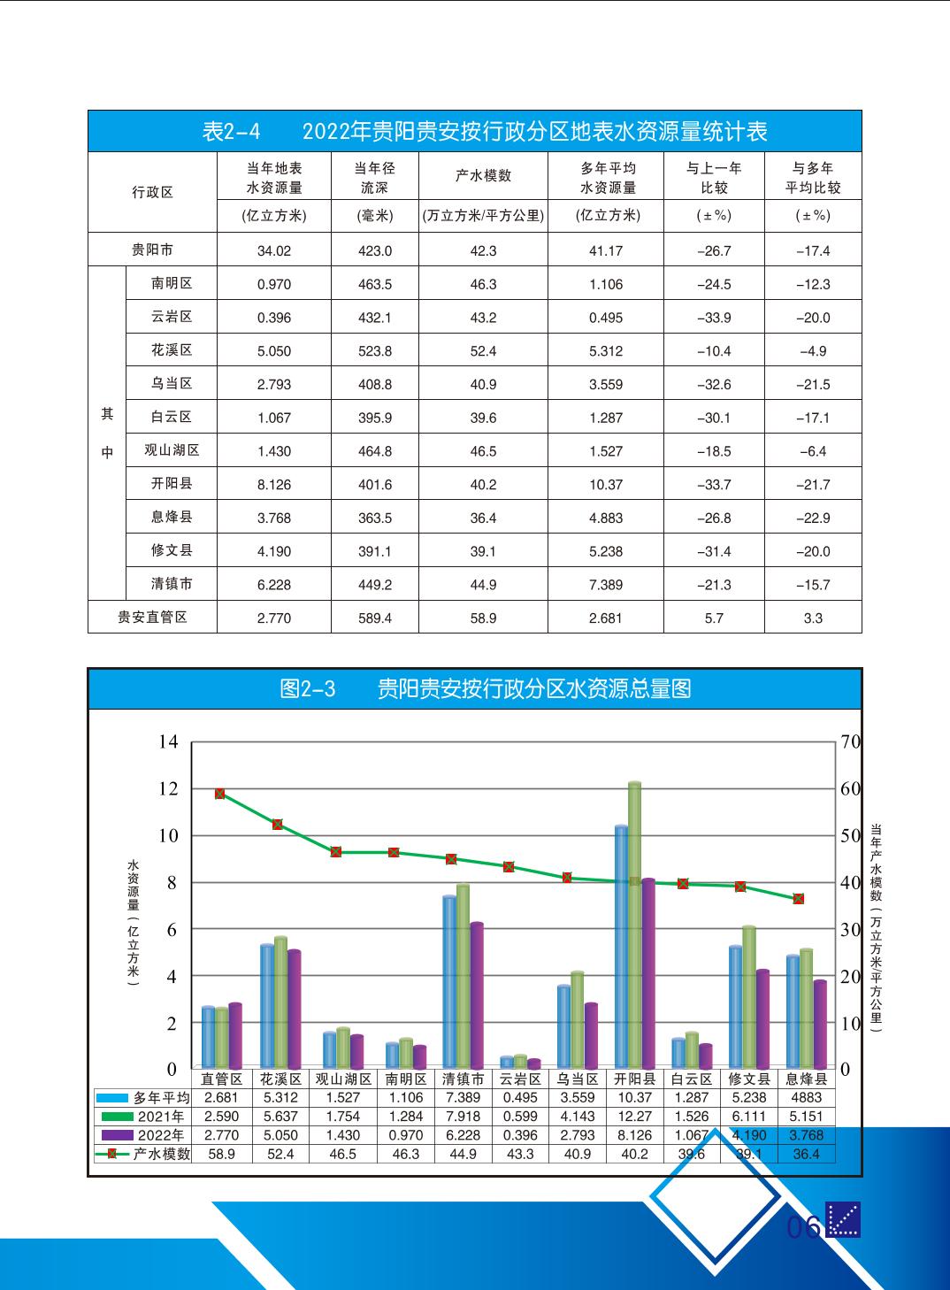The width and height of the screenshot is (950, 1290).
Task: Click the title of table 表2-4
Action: (484, 132)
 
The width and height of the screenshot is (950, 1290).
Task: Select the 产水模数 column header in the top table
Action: (483, 176)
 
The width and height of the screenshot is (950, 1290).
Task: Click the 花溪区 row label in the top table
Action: (172, 350)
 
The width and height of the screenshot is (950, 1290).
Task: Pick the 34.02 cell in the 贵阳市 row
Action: (274, 250)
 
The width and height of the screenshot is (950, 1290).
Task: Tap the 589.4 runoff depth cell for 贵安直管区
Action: (375, 618)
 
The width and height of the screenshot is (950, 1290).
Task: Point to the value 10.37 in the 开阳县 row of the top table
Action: (606, 485)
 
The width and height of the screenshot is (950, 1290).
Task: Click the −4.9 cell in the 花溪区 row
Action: (813, 351)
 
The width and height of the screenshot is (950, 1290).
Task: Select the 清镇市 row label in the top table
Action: (172, 584)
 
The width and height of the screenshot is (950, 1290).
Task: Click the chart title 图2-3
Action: (484, 689)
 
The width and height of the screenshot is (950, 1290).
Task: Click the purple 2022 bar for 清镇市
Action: (477, 995)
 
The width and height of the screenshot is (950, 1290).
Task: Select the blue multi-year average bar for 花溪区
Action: (267, 1004)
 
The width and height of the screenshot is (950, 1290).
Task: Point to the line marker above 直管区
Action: (219, 794)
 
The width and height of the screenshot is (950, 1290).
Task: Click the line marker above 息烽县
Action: (799, 899)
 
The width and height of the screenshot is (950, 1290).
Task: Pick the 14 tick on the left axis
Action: (168, 741)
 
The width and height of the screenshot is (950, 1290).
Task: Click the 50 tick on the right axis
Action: (850, 835)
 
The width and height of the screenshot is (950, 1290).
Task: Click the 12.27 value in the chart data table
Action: (634, 1117)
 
